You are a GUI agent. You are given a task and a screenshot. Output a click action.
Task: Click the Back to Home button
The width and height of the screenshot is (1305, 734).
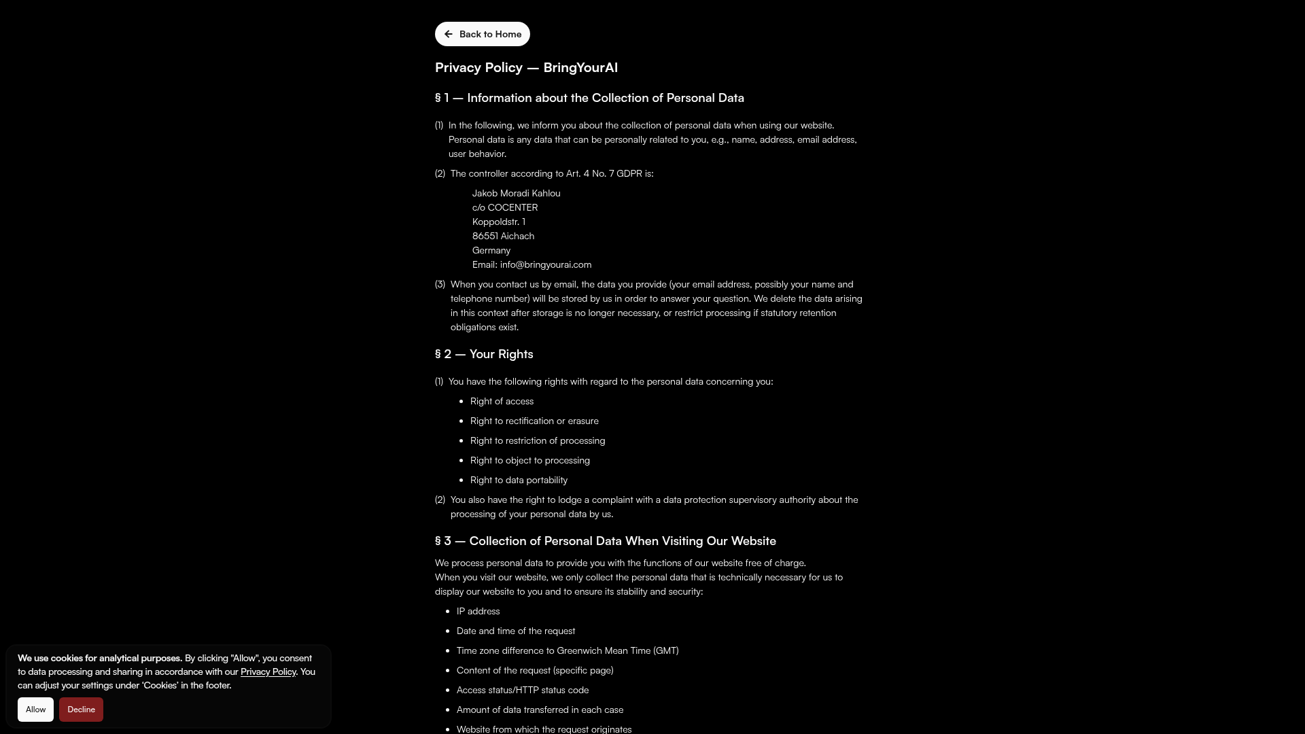pos(483,34)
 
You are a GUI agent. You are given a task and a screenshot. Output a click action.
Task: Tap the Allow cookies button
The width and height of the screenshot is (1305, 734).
pos(35,710)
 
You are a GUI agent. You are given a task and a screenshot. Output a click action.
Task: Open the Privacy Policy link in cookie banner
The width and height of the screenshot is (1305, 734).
pos(268,671)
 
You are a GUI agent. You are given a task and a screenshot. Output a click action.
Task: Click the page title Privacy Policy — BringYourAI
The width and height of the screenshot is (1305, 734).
pos(526,67)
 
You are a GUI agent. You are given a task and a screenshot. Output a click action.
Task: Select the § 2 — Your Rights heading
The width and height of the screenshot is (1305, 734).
pos(484,354)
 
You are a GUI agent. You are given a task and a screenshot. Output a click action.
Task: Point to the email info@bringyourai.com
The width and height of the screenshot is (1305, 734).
pos(545,264)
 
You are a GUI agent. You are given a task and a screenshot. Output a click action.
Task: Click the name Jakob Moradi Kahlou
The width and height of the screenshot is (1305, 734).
pos(516,193)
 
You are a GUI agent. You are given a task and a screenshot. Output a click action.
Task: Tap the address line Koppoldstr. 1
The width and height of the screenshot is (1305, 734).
pos(498,222)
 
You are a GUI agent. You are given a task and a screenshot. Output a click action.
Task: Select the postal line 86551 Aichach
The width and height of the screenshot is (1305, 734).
pos(503,236)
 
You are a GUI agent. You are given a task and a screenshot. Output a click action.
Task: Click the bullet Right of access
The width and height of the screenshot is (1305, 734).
pos(502,401)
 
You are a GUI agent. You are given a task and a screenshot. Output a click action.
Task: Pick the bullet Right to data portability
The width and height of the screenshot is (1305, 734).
pos(519,480)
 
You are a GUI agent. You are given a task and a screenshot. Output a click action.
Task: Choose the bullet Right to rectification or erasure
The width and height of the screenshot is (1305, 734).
pos(534,421)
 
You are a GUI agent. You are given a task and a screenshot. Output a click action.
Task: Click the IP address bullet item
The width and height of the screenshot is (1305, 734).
pos(478,611)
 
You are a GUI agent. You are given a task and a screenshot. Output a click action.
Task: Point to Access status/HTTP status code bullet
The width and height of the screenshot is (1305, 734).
pos(522,690)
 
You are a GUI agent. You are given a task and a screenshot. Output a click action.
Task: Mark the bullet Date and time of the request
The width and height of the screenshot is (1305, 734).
pos(515,631)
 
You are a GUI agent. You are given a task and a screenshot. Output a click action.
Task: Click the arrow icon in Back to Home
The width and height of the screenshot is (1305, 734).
pos(449,34)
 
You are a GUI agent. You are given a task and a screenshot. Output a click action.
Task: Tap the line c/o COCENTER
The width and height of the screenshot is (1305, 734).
pos(504,207)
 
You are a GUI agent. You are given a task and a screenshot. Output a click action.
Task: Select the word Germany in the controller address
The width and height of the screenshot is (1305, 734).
pos(491,250)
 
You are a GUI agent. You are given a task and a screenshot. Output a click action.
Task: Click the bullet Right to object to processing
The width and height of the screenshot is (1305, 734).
pos(529,460)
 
